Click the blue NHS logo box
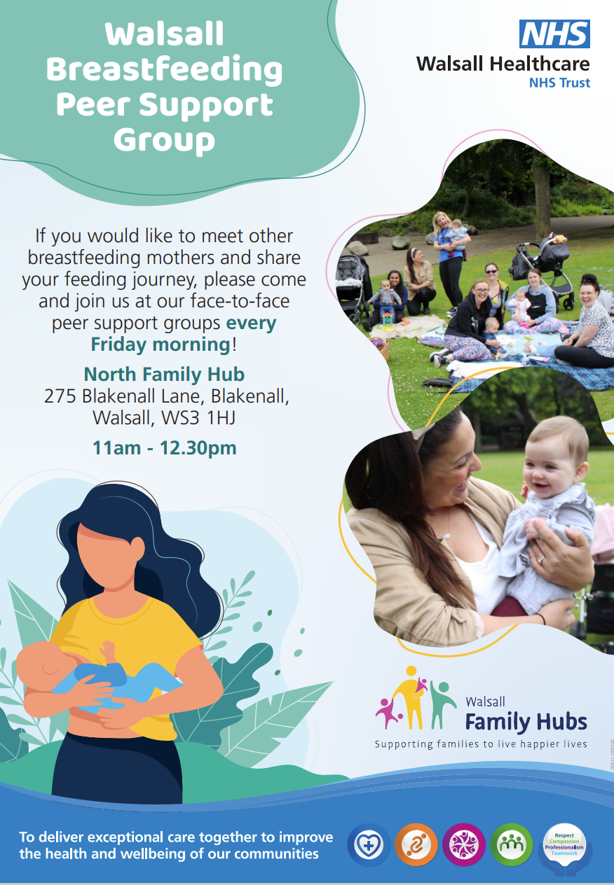[x=554, y=34]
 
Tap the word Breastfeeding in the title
[x=164, y=70]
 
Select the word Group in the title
[x=164, y=139]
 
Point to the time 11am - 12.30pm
[x=164, y=447]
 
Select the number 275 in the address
[x=60, y=396]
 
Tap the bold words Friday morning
[x=161, y=344]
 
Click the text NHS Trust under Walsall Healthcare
[x=559, y=83]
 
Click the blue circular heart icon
[x=368, y=844]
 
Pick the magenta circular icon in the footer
[x=463, y=844]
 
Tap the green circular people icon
[x=511, y=844]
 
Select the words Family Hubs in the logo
[x=526, y=721]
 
